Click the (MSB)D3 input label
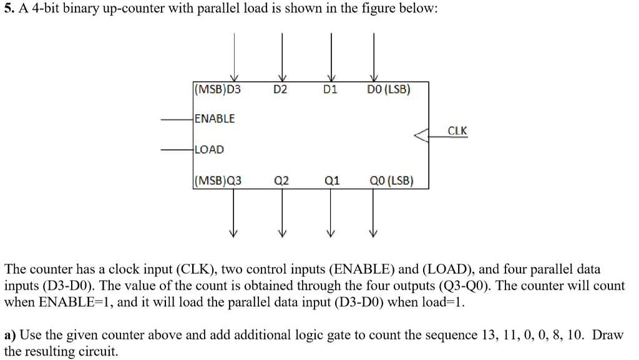pyautogui.click(x=217, y=89)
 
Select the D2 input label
pyautogui.click(x=281, y=89)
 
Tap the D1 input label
pyautogui.click(x=330, y=89)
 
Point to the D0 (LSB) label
pyautogui.click(x=388, y=89)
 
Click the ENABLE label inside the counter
pyautogui.click(x=215, y=119)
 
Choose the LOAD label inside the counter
pyautogui.click(x=209, y=150)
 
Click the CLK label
pyautogui.click(x=457, y=130)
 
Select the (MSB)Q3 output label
pyautogui.click(x=218, y=182)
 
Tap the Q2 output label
pyautogui.click(x=281, y=182)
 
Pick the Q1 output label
pyautogui.click(x=332, y=182)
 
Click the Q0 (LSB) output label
pyautogui.click(x=391, y=182)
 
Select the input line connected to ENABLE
pyautogui.click(x=177, y=119)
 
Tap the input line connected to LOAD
pyautogui.click(x=177, y=150)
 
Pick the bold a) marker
pyautogui.click(x=10, y=335)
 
